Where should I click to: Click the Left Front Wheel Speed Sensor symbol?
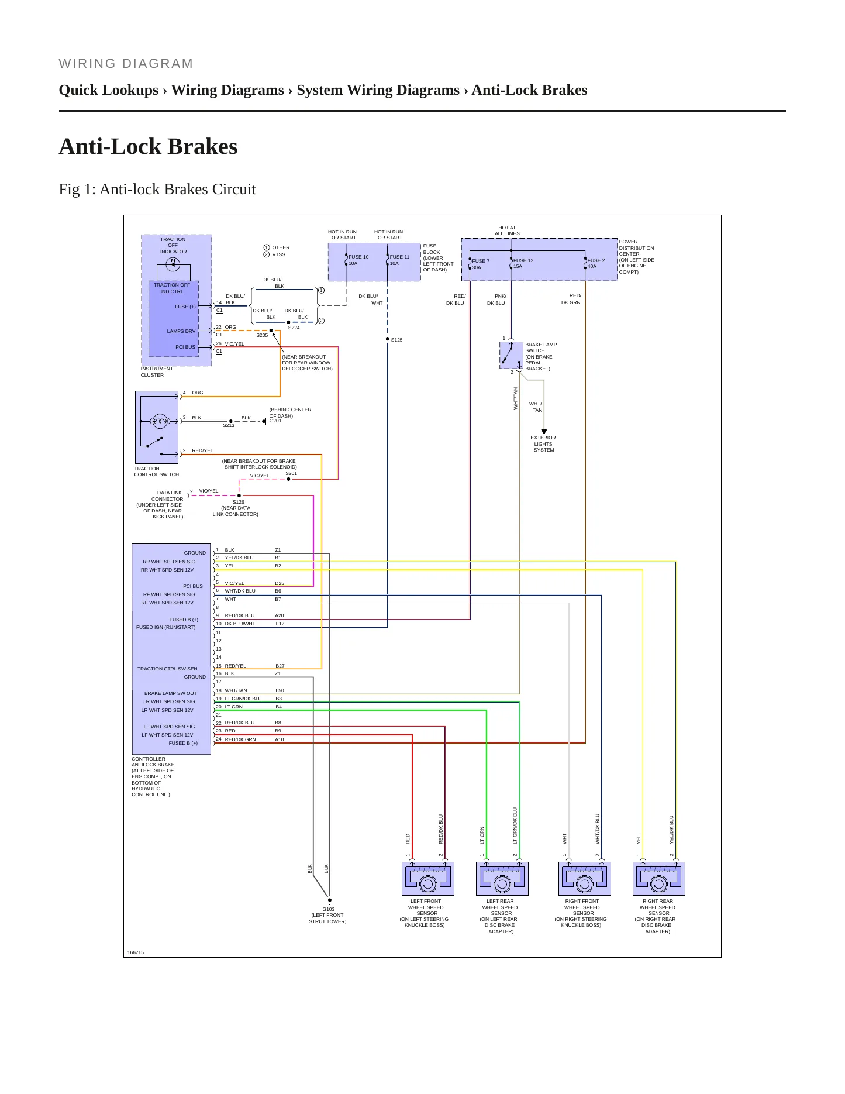click(427, 878)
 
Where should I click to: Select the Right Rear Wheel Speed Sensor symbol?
click(658, 878)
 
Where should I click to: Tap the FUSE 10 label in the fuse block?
click(358, 257)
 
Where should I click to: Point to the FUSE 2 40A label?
click(596, 263)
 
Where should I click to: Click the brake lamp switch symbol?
click(511, 355)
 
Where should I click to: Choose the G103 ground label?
click(329, 909)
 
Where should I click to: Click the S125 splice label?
click(396, 340)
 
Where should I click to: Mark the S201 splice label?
click(291, 473)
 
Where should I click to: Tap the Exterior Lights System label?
click(543, 443)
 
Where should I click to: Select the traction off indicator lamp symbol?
click(173, 264)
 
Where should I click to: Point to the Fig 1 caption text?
click(157, 189)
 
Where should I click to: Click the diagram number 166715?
click(136, 952)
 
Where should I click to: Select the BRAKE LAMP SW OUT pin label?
click(171, 693)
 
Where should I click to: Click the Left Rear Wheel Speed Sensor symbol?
click(502, 878)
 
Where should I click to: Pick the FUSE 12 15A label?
click(523, 263)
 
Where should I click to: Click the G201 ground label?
click(275, 421)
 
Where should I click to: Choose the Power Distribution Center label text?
click(637, 257)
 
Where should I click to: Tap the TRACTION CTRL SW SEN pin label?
click(167, 669)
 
